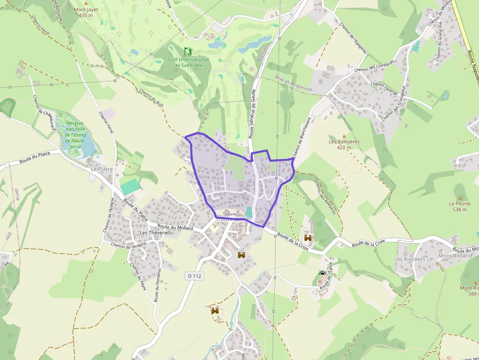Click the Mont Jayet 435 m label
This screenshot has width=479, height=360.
pos(86,12)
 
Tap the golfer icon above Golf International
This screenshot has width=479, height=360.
pos(188,51)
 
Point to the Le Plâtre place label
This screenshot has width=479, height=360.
pos(102,169)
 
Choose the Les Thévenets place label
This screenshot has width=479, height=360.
pos(156,233)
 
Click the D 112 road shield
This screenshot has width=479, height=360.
pos(195,276)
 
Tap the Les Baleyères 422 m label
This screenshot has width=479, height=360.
pos(344,144)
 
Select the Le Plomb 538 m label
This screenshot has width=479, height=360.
pos(459,206)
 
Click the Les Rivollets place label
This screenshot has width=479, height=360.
pos(410,259)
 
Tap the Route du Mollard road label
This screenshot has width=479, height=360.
pos(175,228)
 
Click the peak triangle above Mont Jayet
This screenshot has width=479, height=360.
pos(86,3)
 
